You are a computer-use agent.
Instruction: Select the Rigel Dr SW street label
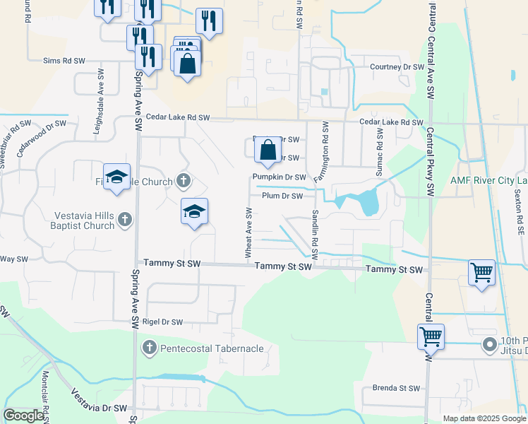162,322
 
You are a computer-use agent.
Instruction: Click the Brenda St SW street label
396,388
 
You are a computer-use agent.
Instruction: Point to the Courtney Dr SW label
397,68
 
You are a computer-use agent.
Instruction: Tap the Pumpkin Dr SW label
280,177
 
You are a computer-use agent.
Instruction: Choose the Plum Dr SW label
282,196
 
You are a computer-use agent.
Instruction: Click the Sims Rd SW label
64,61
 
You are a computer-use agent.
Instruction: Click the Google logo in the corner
23,416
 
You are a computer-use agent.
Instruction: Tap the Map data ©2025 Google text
484,418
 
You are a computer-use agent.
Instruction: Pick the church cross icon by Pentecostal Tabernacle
149,348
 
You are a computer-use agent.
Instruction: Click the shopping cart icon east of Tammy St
481,271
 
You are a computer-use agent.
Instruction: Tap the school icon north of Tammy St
194,211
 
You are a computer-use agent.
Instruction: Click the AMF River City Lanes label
488,179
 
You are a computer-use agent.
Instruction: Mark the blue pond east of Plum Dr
368,202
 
